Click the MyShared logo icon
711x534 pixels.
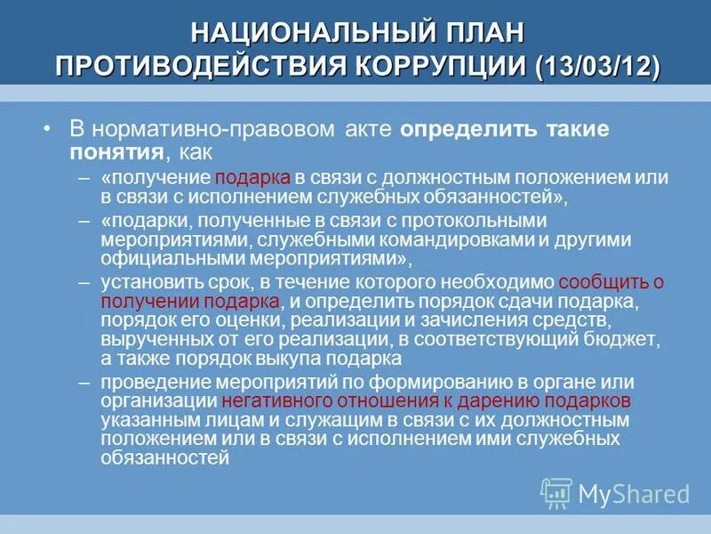tap(556, 492)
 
